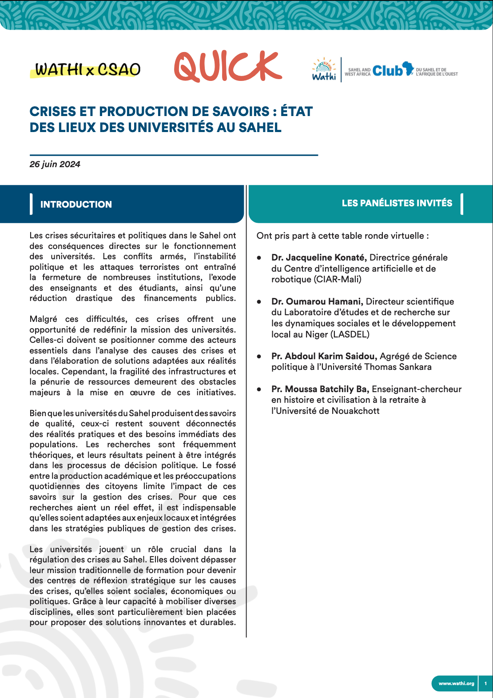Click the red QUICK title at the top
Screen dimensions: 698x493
pos(228,67)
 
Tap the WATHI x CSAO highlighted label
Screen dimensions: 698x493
pos(87,70)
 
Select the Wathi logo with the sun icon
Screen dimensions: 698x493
pos(324,69)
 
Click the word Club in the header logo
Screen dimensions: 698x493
pos(387,70)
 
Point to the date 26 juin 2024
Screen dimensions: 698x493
pos(55,164)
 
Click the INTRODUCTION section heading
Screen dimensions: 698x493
pos(76,205)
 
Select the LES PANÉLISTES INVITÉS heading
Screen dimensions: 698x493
pos(397,203)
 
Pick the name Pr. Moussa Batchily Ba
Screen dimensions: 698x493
pos(320,389)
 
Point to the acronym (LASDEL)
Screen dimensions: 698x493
pos(350,334)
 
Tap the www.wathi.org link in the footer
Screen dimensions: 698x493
pos(456,683)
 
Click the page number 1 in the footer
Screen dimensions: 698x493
pos(485,683)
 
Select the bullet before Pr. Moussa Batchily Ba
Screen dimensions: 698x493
pos(259,389)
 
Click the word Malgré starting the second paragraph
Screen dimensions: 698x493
pos(43,319)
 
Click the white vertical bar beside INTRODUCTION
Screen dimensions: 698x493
pos(31,204)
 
